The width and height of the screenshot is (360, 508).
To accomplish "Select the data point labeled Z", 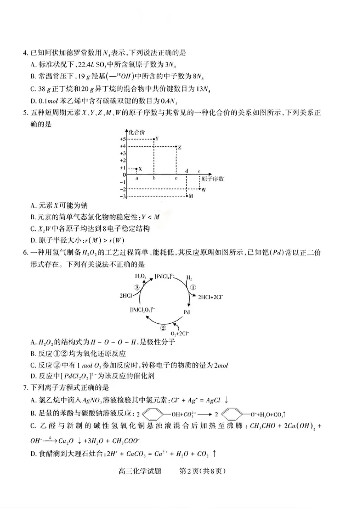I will (175, 147).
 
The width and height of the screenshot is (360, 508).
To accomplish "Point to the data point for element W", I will (199, 189).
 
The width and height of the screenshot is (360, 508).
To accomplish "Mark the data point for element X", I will (136, 169).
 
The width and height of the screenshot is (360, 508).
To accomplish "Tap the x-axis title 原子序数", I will (212, 178).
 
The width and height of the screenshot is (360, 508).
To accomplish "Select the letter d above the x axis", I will (187, 171).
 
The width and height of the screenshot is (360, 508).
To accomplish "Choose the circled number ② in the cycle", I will (164, 328).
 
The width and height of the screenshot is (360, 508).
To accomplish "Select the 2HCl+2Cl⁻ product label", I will (207, 297).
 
